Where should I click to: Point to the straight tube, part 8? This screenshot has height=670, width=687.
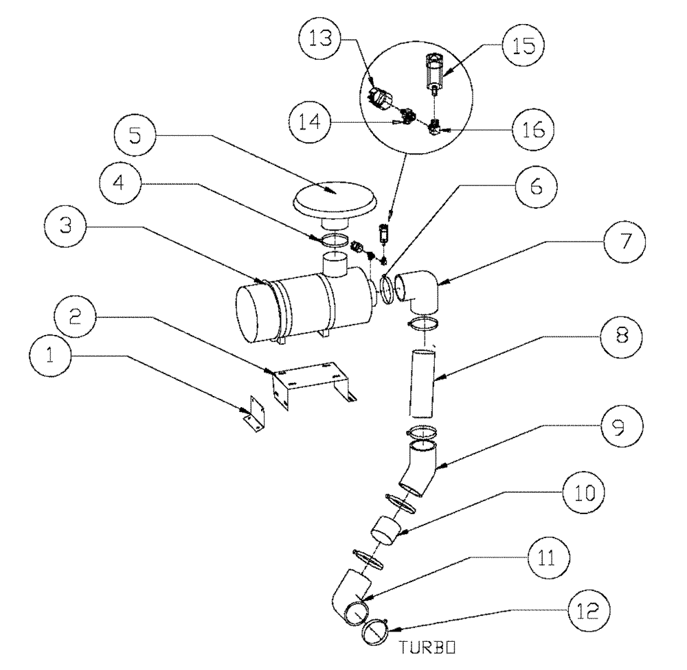pos(421,382)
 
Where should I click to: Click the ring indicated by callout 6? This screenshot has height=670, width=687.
pos(388,287)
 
